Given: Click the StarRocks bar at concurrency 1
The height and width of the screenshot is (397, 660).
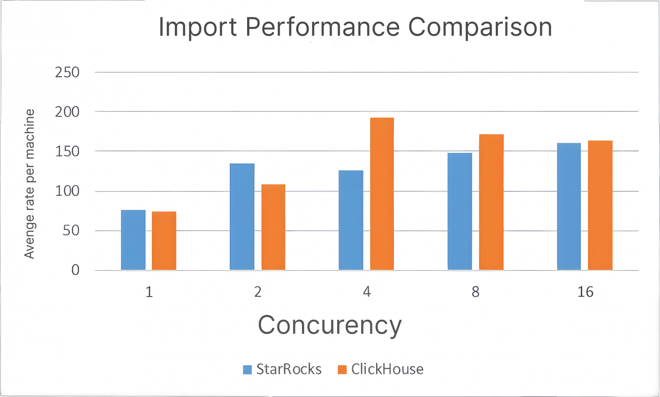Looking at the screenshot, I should (133, 240).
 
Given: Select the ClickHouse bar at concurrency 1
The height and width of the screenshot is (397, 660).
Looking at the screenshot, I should (164, 241).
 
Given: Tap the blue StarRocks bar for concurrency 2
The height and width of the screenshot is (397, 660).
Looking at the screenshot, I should (242, 217).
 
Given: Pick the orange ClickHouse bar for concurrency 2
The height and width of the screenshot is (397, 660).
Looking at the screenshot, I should (273, 227).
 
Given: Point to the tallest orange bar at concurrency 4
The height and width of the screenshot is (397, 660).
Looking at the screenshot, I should (382, 194).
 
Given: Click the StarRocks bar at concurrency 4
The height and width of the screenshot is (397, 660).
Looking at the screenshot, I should (351, 220).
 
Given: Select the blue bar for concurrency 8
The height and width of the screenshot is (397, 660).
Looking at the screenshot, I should (460, 211).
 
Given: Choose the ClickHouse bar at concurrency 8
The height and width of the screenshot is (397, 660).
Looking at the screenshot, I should (491, 202).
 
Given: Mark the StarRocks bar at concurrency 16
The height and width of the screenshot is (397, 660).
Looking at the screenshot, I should (569, 206).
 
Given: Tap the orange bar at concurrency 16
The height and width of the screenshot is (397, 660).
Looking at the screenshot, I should (600, 205).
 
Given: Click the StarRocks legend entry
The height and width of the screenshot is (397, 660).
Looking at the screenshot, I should (283, 369).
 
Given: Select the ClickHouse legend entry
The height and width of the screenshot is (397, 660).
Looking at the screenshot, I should (381, 369).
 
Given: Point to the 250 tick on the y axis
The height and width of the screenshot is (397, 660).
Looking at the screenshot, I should (67, 72).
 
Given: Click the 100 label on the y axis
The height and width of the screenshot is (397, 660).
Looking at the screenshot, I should (67, 191).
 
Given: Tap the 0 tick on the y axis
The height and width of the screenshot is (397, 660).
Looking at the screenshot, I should (75, 270).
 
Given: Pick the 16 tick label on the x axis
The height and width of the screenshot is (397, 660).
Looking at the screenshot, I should (585, 292).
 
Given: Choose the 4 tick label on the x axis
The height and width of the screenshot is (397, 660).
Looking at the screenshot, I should (367, 292).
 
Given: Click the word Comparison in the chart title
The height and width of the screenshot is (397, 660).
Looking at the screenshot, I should (480, 27).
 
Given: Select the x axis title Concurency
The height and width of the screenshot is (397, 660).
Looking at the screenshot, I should (330, 325).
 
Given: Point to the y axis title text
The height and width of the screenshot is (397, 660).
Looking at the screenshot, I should (29, 183).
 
